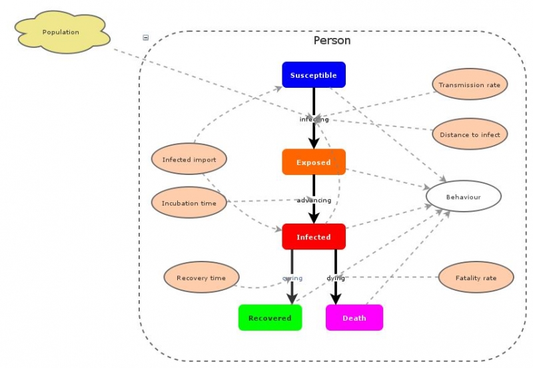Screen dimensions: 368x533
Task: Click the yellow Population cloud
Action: coord(61,33)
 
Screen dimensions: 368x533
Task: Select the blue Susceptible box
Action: coord(313,75)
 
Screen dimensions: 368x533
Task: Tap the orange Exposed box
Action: coord(313,162)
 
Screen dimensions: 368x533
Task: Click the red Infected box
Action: coord(313,237)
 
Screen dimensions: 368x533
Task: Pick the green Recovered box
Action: coord(270,318)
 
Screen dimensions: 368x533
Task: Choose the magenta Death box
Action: coord(354,318)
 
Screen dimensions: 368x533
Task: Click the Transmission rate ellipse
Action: coord(470,85)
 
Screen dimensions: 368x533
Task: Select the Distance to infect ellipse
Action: coord(470,134)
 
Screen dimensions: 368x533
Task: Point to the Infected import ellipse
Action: coord(189,160)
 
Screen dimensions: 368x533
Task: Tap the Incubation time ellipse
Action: coord(189,203)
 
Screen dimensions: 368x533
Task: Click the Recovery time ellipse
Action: coord(201,278)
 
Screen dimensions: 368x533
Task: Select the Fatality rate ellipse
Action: coord(476,278)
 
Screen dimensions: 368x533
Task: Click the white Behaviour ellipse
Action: coord(463,197)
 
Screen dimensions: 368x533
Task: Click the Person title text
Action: coord(332,41)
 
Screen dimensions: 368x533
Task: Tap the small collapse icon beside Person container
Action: coord(146,38)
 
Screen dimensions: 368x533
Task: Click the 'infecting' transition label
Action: coord(314,120)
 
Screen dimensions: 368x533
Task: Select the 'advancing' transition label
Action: coord(314,200)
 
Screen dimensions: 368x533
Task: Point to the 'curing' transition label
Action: coord(292,278)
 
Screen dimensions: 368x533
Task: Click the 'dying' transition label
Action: coord(336,278)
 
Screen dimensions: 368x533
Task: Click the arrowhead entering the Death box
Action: coord(336,299)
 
